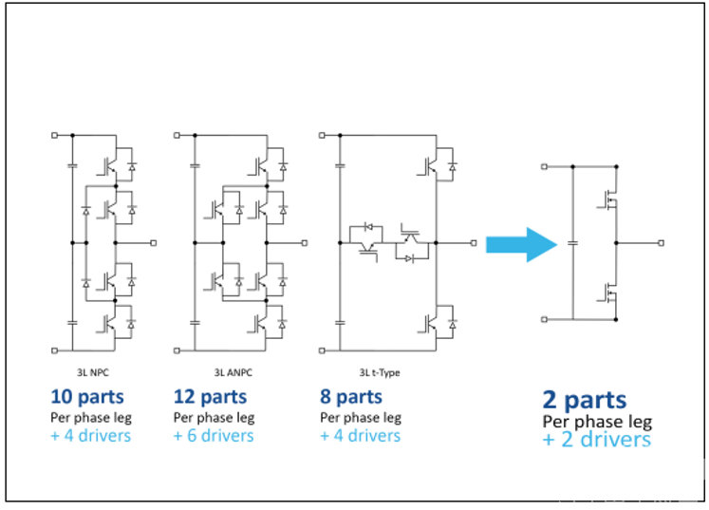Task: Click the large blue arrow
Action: pos(521,245)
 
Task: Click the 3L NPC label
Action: pos(93,373)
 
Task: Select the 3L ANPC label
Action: pos(233,373)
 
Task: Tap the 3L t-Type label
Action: pos(380,373)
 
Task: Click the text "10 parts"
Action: pos(87,397)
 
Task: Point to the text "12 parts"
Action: pos(211,397)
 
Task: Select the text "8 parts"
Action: pos(351,397)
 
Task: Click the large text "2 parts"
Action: pos(585,400)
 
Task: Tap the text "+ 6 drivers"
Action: pos(214,436)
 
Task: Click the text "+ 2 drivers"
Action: pos(597,440)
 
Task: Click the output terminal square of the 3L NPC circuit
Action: pos(154,243)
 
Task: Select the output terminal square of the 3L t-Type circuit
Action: pos(474,243)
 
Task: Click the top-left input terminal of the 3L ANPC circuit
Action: pos(177,135)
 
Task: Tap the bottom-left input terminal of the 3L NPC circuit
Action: pos(55,350)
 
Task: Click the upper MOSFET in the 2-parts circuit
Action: pos(608,199)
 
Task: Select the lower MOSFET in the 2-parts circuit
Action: pos(608,293)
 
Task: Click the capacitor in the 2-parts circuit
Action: pos(573,243)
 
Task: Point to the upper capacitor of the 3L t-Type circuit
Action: pos(340,166)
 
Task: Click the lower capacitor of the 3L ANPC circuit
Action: pos(195,323)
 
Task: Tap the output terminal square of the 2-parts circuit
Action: pos(662,243)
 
